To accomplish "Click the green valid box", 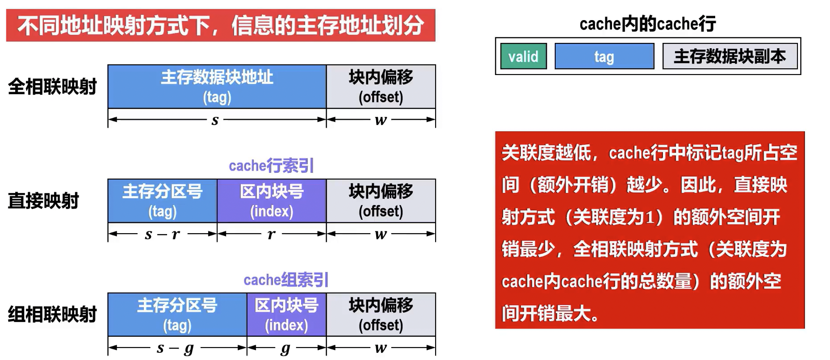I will point(523,56).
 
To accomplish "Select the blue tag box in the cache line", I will point(604,56).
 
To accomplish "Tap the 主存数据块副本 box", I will point(729,56).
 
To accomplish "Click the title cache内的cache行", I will point(647,24).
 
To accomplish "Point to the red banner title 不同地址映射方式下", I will point(221,25).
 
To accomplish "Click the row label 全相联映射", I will point(52,87).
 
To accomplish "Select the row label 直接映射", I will point(43,201).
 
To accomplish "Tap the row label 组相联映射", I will point(52,315).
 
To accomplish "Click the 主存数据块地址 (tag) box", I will point(217,87).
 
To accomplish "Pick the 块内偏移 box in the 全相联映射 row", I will point(381,87).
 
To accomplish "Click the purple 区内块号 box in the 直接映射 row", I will point(272,201).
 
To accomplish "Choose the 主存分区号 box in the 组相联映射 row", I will point(177,315).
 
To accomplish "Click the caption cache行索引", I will point(271,166).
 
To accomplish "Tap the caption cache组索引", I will point(286,280).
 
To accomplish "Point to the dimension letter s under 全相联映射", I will point(215,120).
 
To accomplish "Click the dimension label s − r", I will point(162,234).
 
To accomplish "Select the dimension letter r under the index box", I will point(271,234).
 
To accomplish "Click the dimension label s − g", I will point(176,348).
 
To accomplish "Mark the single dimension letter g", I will point(285,348).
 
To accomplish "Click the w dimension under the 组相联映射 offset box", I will point(381,348).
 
